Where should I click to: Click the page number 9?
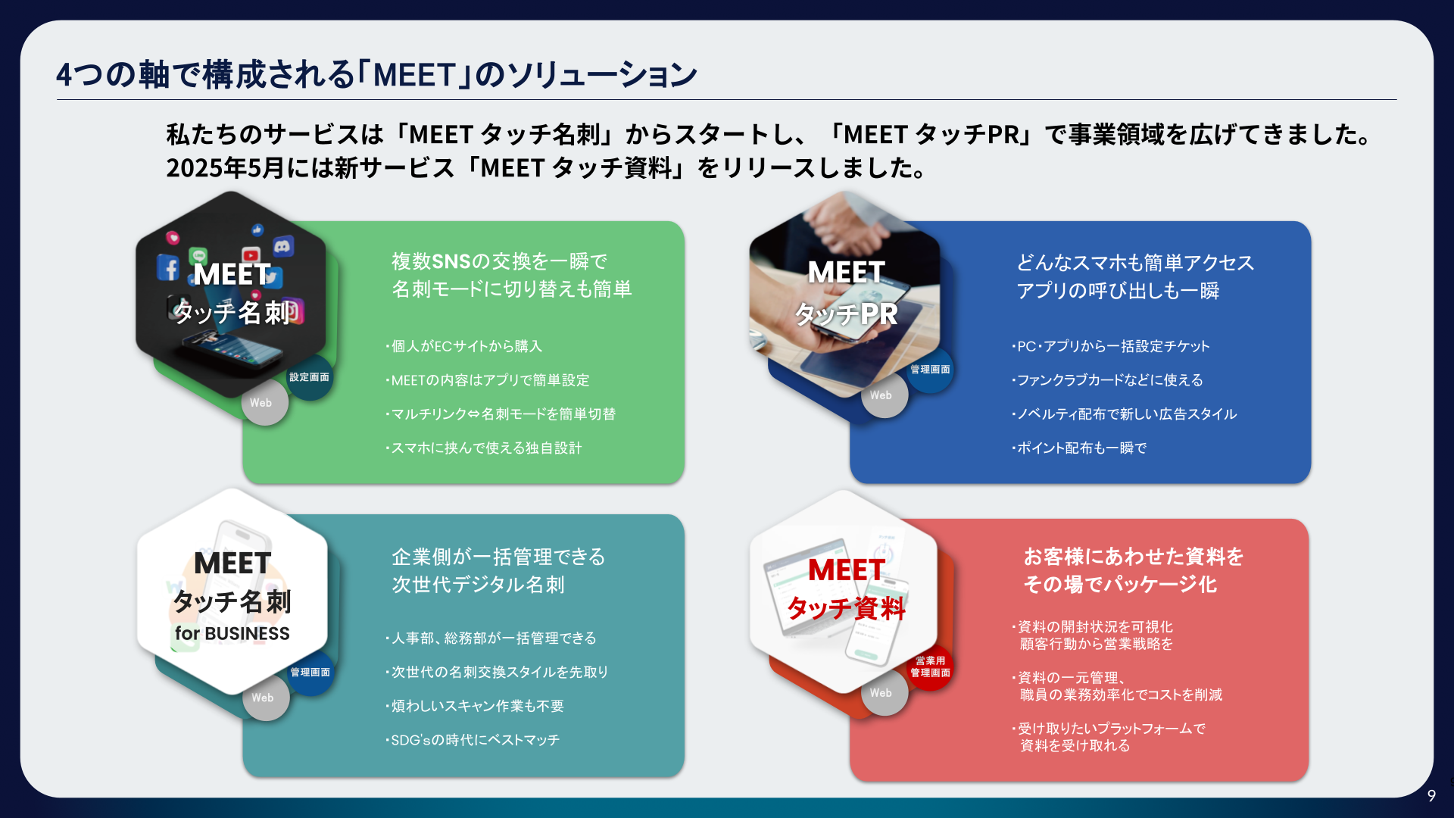point(1431,795)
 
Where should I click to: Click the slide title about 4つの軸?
point(376,74)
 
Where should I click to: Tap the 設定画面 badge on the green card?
point(309,377)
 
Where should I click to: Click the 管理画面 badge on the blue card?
point(930,370)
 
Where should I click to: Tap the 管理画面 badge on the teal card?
point(310,672)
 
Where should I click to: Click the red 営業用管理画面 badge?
point(930,667)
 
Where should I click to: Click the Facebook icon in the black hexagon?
point(168,267)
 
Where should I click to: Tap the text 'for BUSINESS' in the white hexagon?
point(232,633)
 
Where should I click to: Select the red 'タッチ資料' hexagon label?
point(846,607)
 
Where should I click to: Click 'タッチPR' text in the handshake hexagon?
point(846,314)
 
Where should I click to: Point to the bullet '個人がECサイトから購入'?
point(463,346)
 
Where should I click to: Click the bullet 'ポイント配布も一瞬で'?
point(1079,448)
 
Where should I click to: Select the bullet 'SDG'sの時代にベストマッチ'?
point(473,740)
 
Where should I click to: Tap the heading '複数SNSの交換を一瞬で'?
point(499,261)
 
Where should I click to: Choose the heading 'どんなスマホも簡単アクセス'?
point(1135,263)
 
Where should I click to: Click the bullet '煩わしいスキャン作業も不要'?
point(475,706)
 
